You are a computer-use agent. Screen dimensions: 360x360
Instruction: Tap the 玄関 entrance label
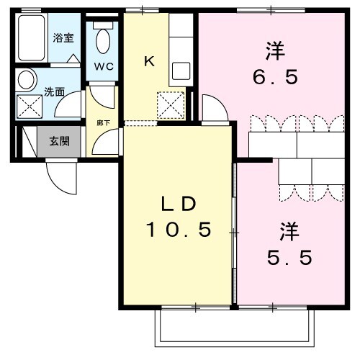tap(59, 141)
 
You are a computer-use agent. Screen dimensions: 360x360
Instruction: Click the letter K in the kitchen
tap(149, 61)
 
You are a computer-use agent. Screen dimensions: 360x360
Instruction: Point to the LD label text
tap(177, 204)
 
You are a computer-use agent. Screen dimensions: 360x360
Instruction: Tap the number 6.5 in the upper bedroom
tap(274, 77)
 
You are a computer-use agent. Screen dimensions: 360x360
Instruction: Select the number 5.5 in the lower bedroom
tap(289, 257)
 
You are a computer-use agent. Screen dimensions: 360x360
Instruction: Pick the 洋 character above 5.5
tap(289, 231)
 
